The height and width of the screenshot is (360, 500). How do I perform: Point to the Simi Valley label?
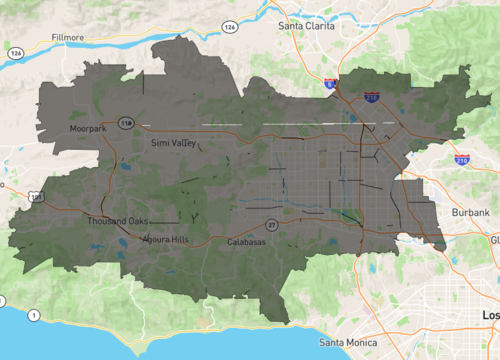[174, 144]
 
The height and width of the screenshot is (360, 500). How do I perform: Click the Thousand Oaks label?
[117, 221]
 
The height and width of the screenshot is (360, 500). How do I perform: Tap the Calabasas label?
[245, 243]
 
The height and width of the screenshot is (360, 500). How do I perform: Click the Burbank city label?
[471, 214]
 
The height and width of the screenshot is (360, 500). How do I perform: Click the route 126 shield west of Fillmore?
[16, 53]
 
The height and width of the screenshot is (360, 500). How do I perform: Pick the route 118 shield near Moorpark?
[126, 123]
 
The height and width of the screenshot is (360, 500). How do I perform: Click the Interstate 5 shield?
[329, 87]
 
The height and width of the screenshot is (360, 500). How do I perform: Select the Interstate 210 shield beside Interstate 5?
[371, 98]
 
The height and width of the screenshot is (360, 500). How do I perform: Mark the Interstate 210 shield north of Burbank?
[462, 160]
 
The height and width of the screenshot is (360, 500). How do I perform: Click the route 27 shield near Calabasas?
[271, 225]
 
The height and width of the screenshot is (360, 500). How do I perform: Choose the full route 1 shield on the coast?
[35, 316]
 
